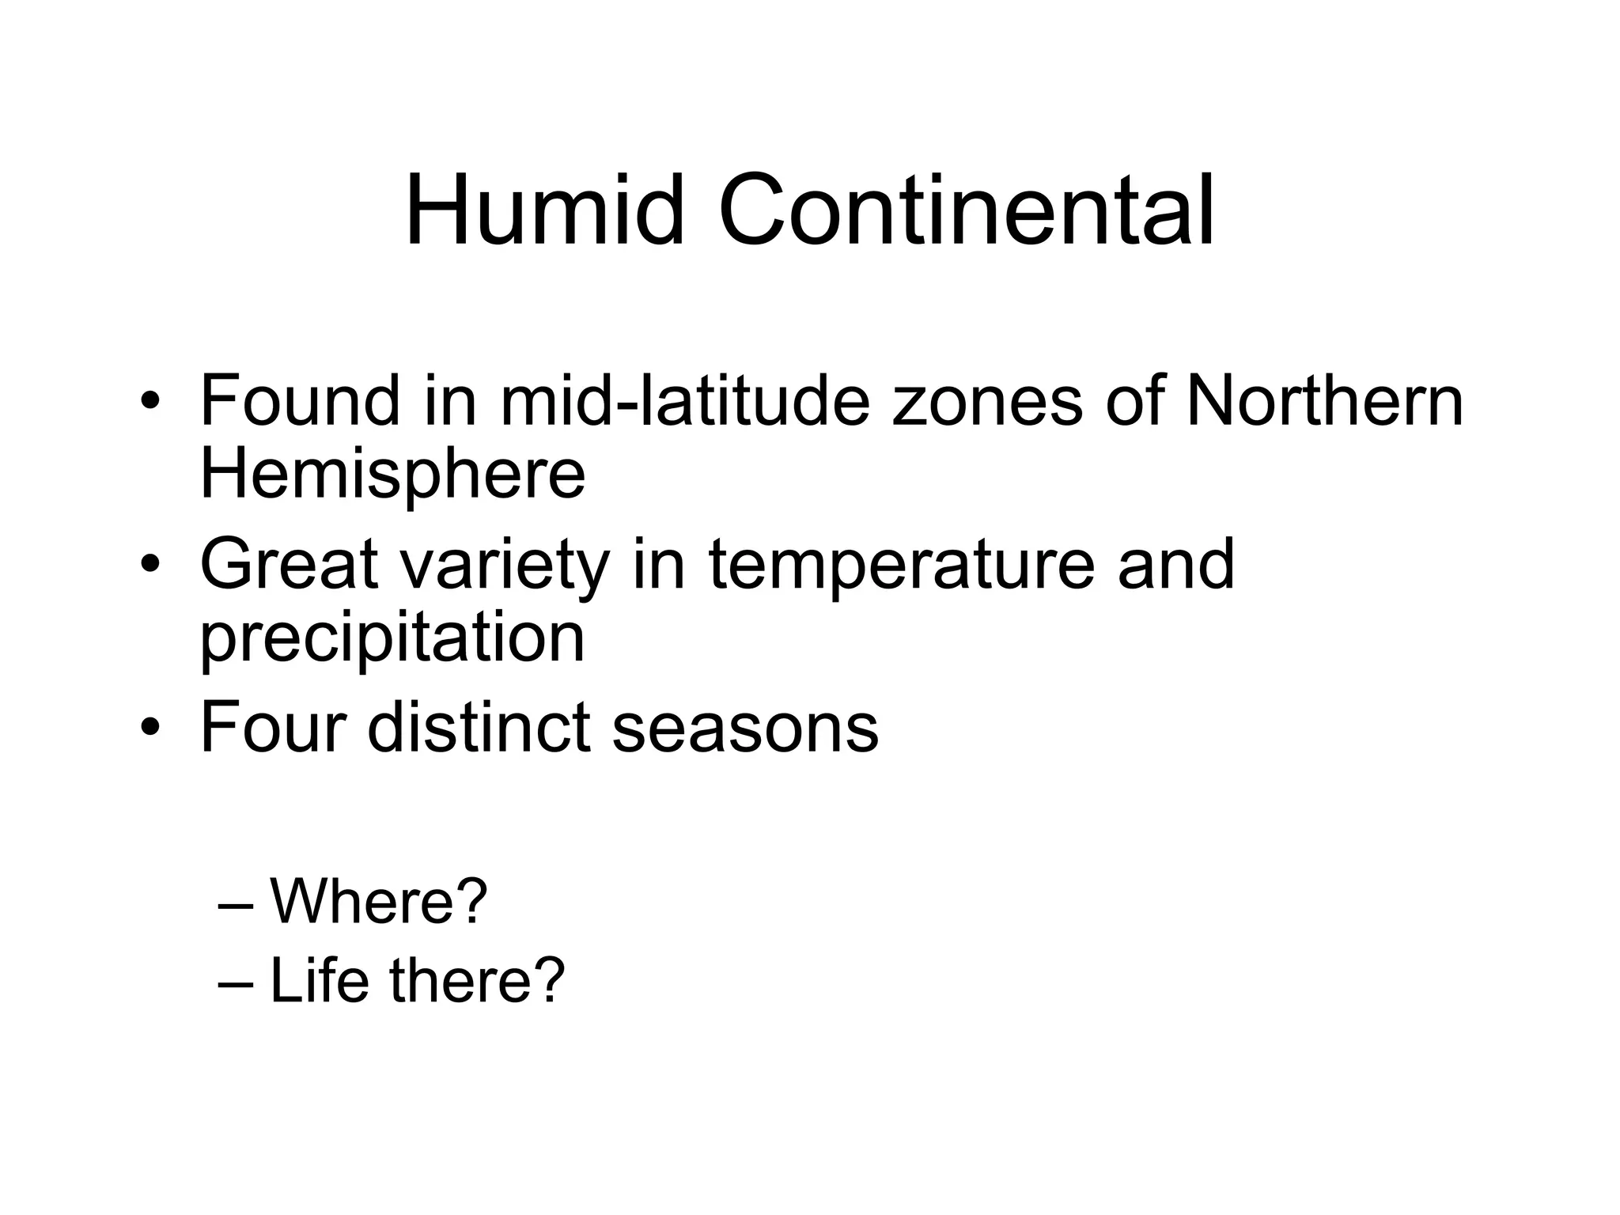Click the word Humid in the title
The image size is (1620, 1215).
(544, 212)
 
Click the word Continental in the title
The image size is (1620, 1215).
(967, 212)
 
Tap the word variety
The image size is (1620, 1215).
(504, 566)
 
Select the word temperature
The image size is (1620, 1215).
(901, 566)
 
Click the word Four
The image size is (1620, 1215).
(274, 727)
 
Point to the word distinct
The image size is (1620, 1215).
(479, 727)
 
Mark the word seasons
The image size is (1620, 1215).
(745, 729)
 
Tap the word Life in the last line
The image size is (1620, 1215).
(320, 980)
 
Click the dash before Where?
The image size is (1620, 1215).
(235, 903)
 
